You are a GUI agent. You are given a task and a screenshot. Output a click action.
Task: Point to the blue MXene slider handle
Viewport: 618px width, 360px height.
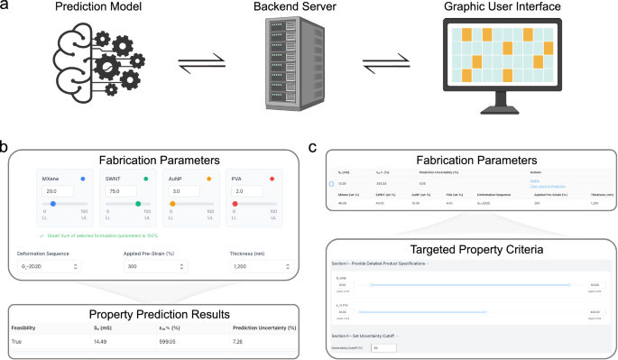click(x=53, y=205)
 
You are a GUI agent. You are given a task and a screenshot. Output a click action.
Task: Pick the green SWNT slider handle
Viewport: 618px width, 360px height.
click(x=137, y=205)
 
